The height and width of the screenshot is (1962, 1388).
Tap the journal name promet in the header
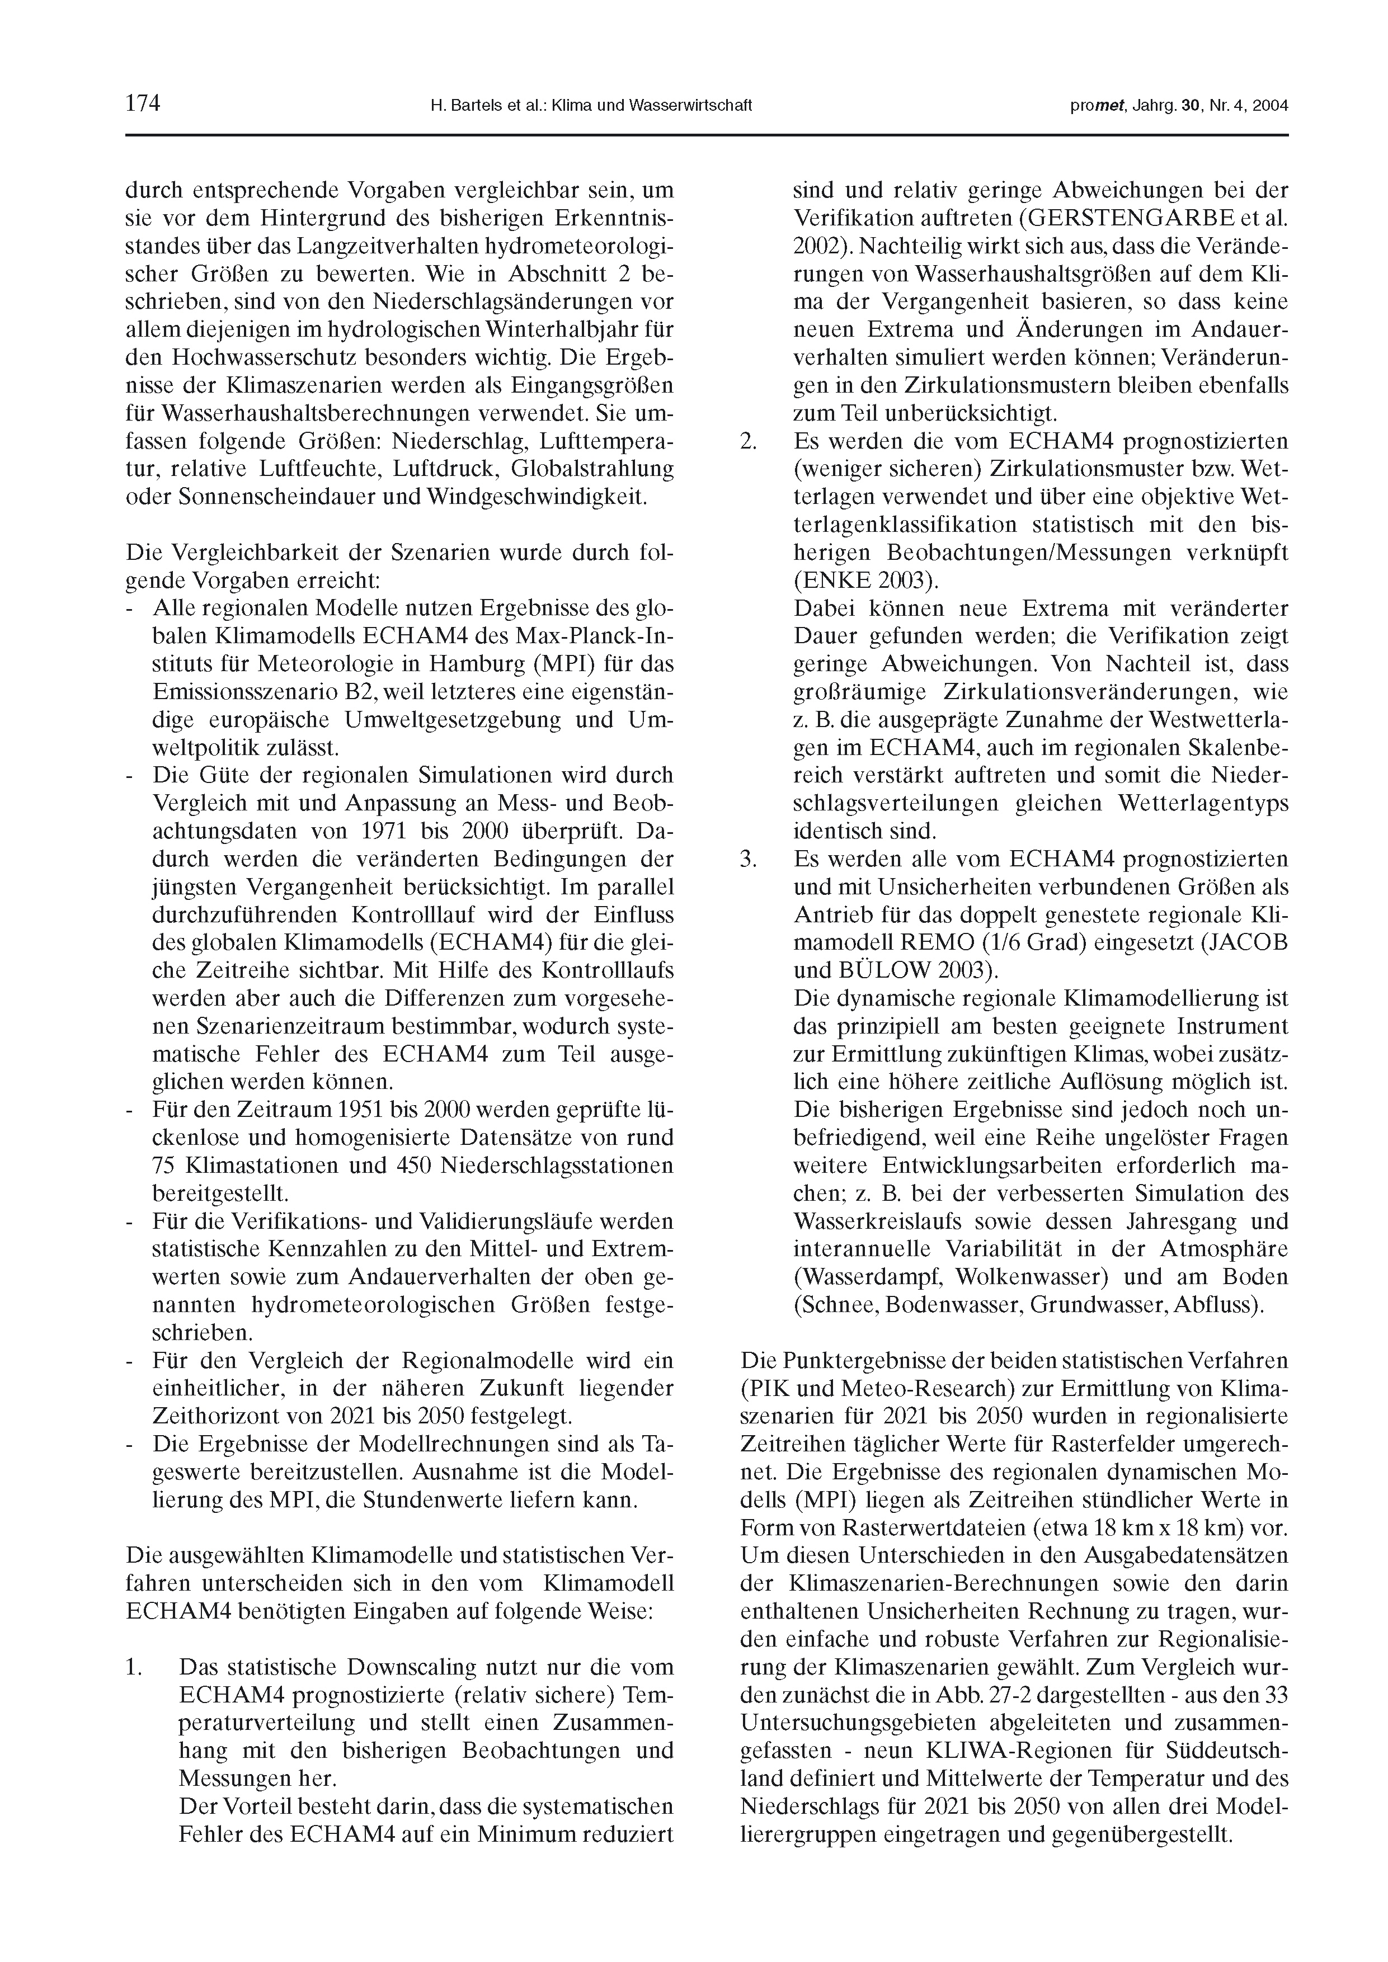(x=1095, y=106)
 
